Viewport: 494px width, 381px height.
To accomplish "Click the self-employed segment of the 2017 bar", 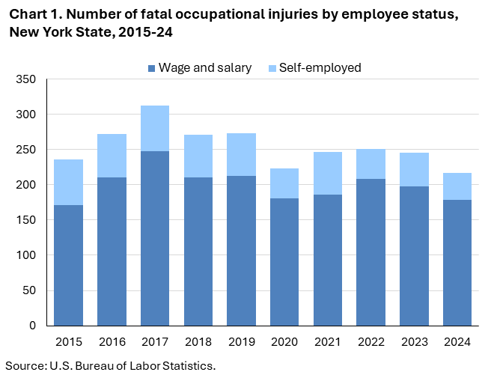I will point(154,129).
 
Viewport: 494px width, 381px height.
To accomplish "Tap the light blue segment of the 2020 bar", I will point(284,183).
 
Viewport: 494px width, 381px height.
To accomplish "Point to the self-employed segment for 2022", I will point(371,164).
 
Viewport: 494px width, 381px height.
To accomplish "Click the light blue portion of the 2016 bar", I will point(112,156).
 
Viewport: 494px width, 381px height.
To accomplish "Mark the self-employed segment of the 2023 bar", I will point(414,169).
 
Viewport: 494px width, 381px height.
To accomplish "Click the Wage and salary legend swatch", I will point(151,68).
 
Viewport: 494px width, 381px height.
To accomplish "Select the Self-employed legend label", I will point(320,68).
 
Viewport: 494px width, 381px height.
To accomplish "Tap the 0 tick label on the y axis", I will point(31,326).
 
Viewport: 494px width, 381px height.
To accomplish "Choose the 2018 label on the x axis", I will point(198,342).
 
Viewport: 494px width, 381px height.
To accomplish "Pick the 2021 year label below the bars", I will point(328,342).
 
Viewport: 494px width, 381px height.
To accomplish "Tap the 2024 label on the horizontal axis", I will point(457,342).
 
